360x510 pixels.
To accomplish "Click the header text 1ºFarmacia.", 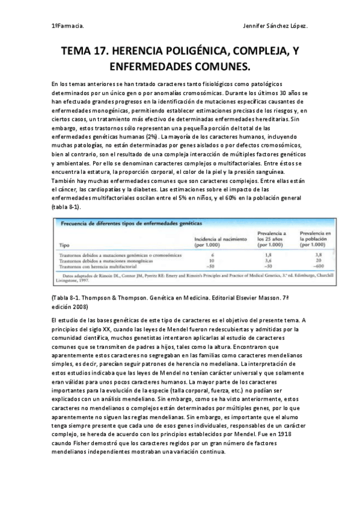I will point(68,26).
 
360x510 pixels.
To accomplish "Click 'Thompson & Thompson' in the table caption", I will point(110,298).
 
